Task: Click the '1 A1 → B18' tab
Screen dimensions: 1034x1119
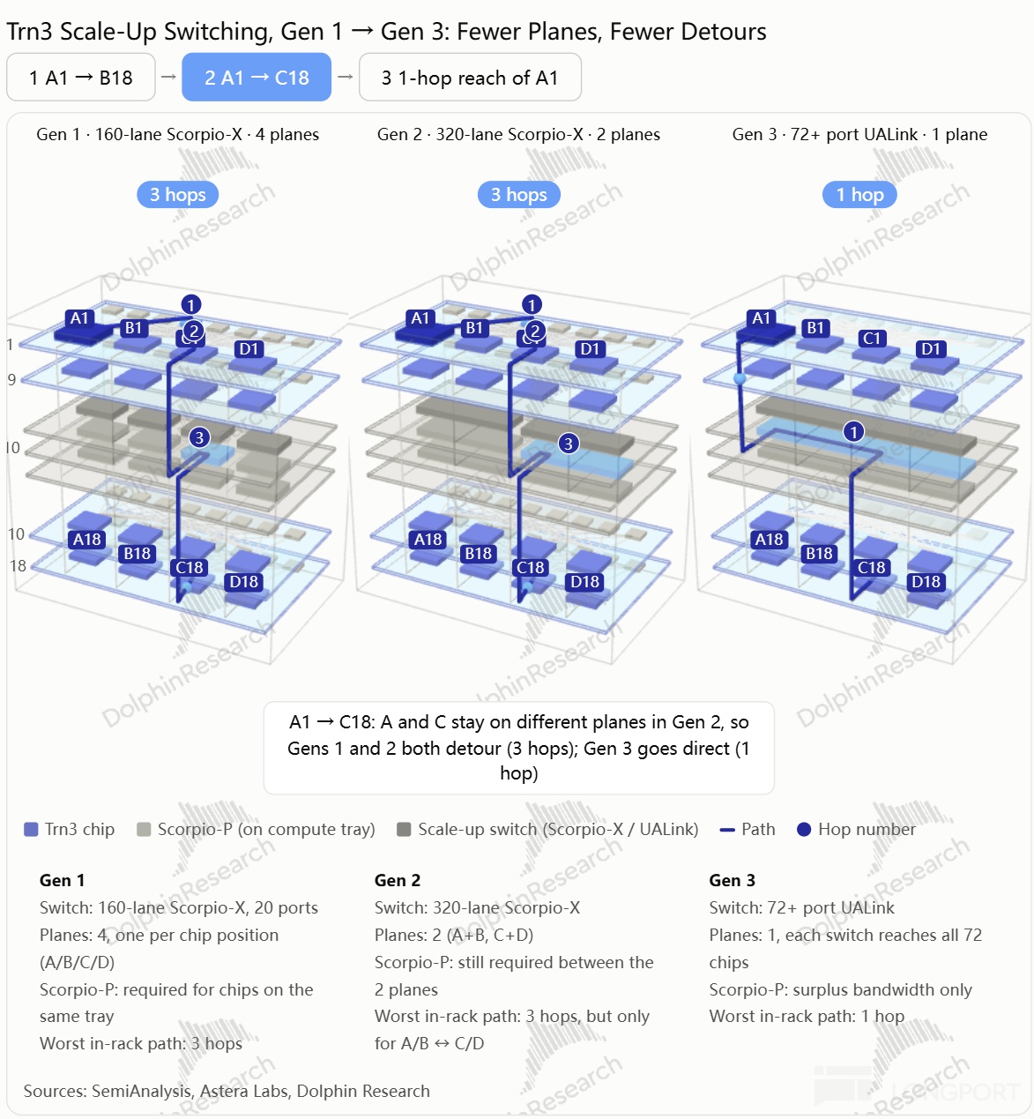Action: pos(80,78)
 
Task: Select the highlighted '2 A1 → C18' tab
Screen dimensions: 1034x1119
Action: pos(257,78)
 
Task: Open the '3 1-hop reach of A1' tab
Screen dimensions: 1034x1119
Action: pos(470,78)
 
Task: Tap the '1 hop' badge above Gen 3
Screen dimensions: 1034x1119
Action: pos(859,194)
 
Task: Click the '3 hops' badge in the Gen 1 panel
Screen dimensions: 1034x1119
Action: pos(177,194)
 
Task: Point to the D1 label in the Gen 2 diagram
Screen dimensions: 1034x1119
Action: pos(590,349)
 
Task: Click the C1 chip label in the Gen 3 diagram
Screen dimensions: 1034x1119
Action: pos(871,338)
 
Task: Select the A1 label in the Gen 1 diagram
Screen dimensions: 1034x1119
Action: pos(79,318)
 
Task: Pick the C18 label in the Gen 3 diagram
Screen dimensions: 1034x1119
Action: pos(871,567)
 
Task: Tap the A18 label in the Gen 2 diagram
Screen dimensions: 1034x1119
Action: pos(428,540)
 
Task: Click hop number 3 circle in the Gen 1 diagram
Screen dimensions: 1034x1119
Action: pos(199,437)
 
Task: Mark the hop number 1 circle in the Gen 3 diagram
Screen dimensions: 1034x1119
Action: pos(853,431)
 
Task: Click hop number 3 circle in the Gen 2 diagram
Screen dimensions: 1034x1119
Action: pos(568,444)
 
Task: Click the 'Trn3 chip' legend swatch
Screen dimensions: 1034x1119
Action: pos(31,830)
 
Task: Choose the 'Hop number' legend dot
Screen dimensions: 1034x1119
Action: pos(804,830)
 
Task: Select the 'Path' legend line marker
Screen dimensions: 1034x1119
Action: pos(727,830)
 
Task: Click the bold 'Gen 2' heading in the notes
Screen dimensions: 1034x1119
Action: pos(398,880)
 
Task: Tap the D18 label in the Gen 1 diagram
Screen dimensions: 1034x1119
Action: pos(243,581)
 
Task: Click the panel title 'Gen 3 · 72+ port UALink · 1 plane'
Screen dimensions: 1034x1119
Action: pos(859,134)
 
